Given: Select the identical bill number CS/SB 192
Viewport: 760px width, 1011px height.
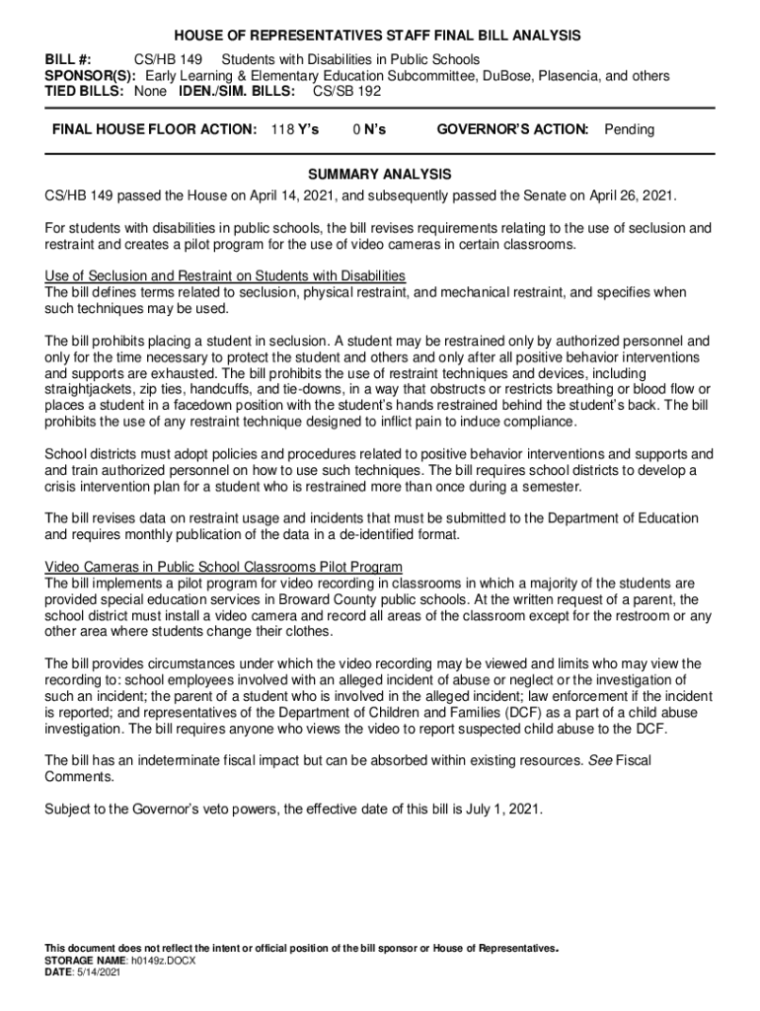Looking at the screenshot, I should coord(346,91).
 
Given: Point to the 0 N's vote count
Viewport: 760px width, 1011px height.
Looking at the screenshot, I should coord(369,129).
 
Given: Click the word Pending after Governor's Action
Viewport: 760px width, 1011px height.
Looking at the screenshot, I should coord(629,129).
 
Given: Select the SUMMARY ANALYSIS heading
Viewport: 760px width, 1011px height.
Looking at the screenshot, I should coord(380,174).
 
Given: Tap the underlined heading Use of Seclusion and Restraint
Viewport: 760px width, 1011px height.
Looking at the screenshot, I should coord(225,275).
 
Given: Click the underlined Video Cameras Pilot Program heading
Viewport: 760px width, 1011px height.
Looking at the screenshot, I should coord(224,567).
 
